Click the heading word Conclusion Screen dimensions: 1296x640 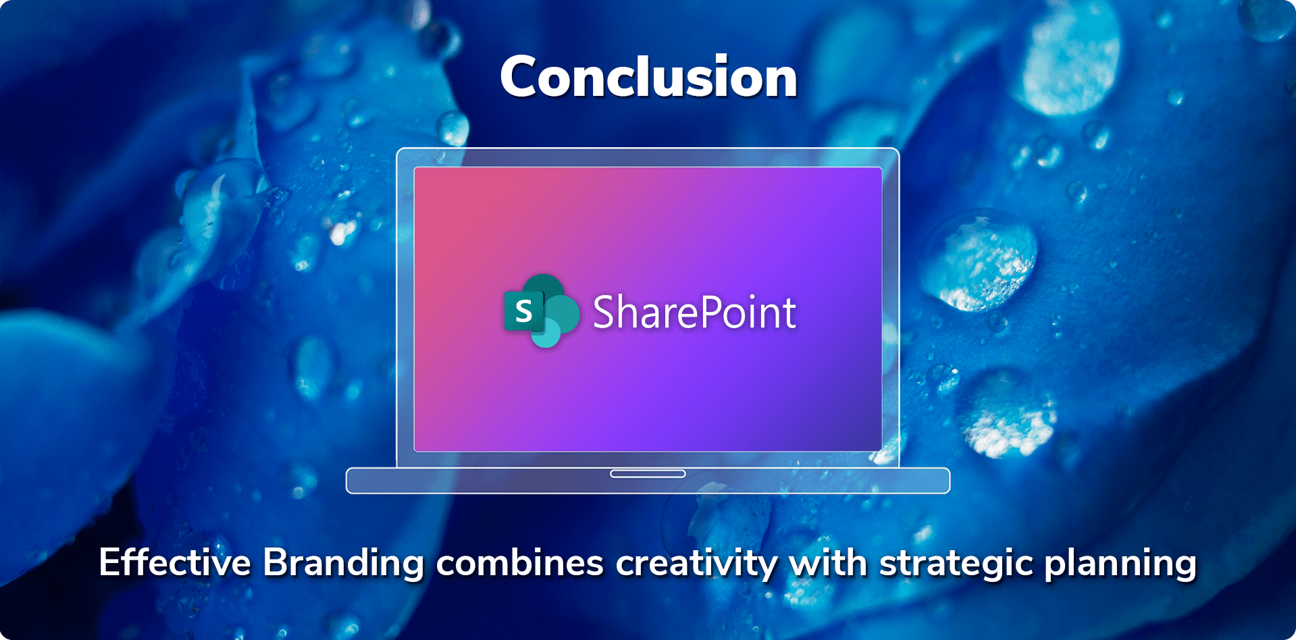pos(648,77)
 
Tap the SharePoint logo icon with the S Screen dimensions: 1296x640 pos(542,311)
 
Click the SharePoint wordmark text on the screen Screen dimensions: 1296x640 pos(694,313)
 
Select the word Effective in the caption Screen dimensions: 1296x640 pos(175,562)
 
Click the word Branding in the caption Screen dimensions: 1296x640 pos(344,563)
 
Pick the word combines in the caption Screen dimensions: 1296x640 pos(520,563)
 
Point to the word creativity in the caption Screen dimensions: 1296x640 pos(697,564)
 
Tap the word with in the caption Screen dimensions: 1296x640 pos(828,562)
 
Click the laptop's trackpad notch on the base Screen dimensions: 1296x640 pos(648,474)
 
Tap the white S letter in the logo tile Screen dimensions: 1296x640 pos(524,311)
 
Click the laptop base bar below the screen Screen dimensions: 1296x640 pos(648,481)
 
